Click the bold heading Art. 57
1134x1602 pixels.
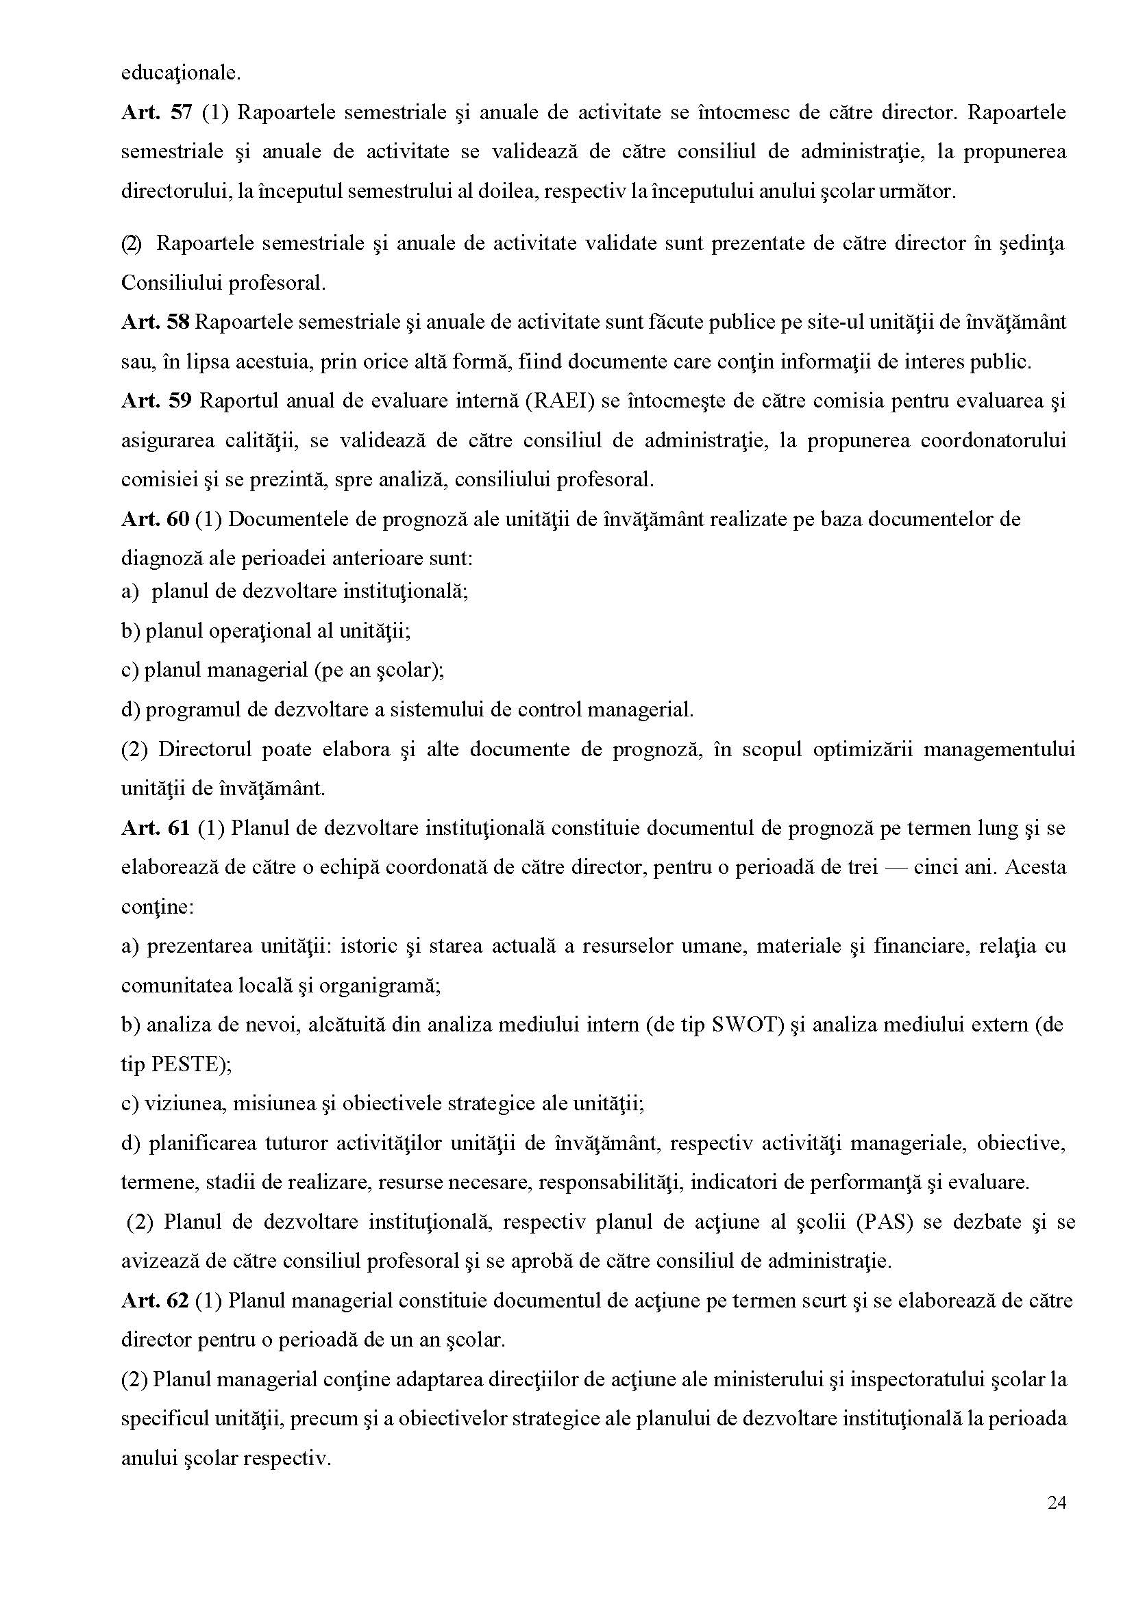(156, 113)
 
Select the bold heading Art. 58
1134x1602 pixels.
(156, 322)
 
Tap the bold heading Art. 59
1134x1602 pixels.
(156, 401)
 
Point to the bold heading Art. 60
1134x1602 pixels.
(156, 518)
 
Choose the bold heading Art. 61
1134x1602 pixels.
(156, 828)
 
